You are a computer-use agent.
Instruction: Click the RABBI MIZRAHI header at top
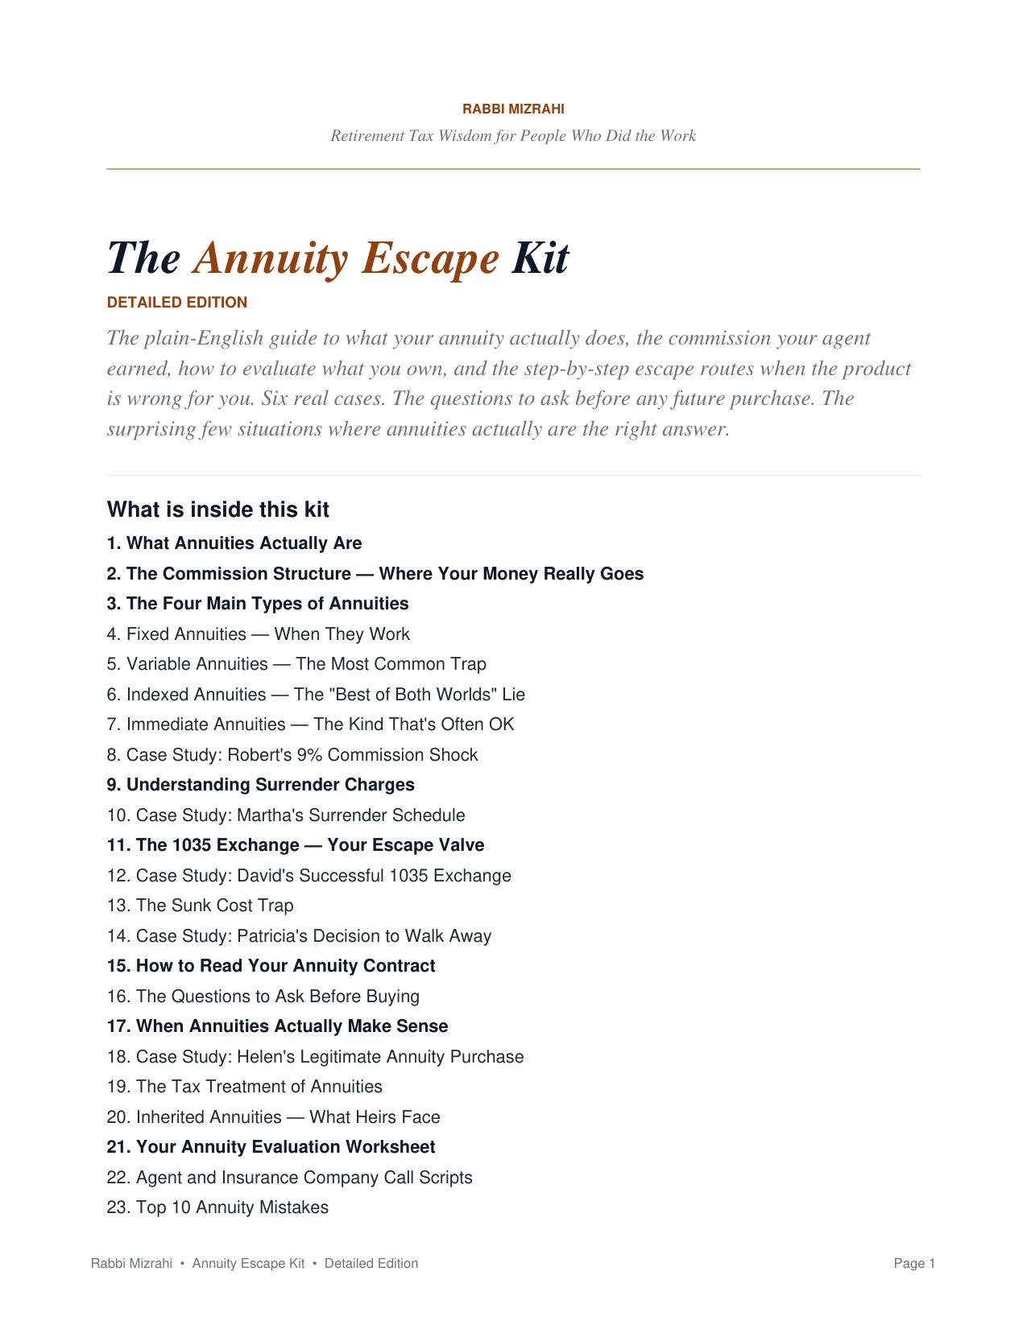point(513,109)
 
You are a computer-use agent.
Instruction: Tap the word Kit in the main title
point(540,258)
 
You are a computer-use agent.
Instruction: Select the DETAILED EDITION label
point(177,303)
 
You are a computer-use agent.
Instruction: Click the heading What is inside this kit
point(217,510)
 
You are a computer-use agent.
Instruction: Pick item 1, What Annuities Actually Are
point(234,543)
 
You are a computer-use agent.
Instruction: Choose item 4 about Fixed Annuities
point(258,634)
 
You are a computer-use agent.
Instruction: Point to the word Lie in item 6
point(513,695)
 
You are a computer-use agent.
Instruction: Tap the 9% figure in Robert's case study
point(309,755)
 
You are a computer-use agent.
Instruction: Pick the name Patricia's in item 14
point(272,936)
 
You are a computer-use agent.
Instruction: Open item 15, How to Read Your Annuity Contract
point(271,966)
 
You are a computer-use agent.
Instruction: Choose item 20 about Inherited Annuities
point(273,1117)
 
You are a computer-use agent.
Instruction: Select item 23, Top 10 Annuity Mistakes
point(217,1207)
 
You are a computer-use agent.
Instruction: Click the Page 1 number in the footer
point(914,1264)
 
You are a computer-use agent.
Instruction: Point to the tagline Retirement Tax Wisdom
point(513,136)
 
